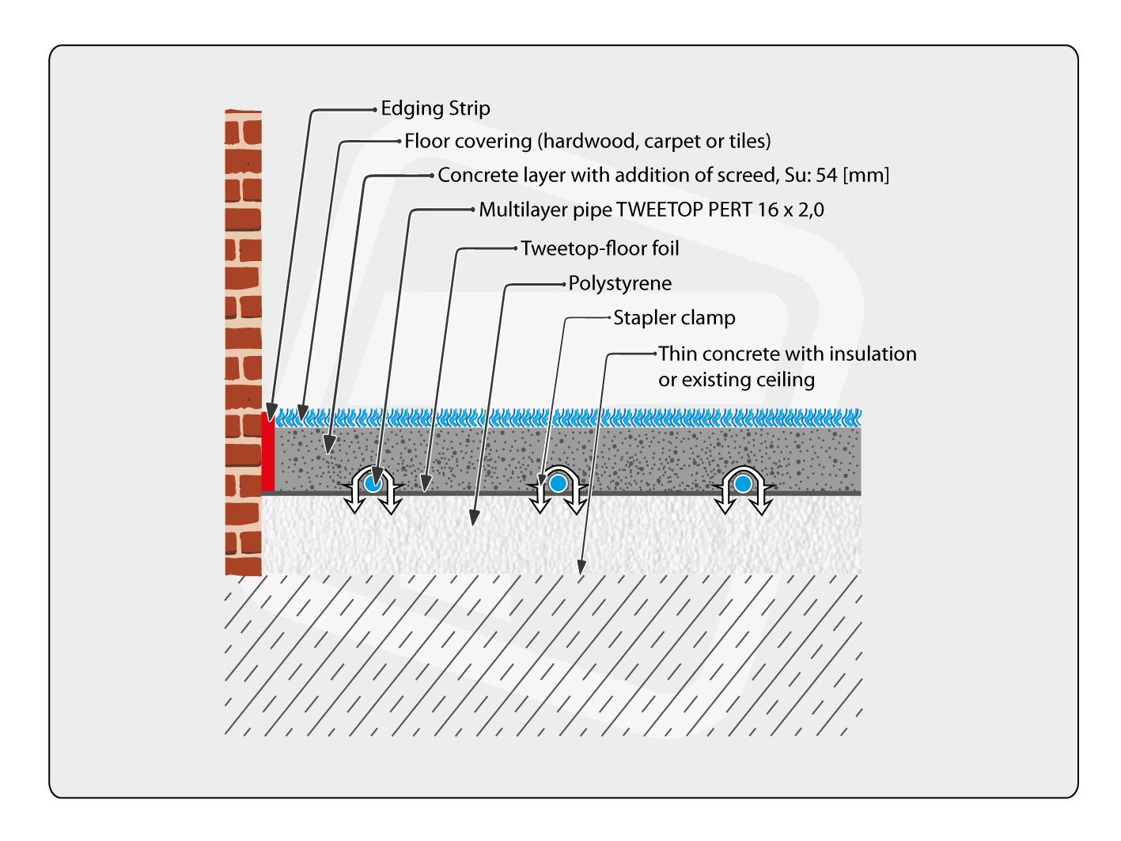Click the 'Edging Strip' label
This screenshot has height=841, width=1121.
pos(435,108)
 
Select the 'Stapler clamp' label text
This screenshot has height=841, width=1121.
pos(674,318)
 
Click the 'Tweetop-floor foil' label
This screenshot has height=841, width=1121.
pos(600,248)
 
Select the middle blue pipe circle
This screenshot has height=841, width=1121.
pos(559,483)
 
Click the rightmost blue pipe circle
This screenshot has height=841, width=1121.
pos(742,483)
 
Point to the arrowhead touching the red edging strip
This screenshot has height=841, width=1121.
pos(271,413)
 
